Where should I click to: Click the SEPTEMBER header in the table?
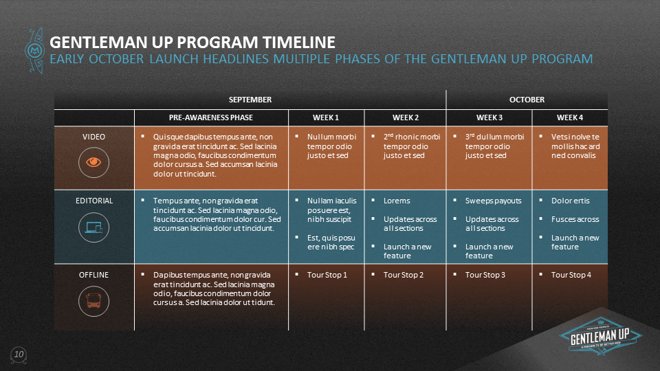(250, 100)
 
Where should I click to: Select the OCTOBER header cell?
(527, 100)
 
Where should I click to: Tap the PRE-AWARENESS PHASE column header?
(211, 117)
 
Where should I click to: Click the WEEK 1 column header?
(326, 117)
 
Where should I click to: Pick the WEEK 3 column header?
(489, 117)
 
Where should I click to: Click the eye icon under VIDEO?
(93, 161)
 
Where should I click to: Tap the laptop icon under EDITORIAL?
(93, 227)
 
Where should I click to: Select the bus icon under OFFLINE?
(93, 300)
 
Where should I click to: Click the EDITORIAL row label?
(93, 201)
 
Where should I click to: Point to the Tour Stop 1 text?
(327, 275)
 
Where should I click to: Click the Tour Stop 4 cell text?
(571, 275)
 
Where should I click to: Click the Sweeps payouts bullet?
(493, 201)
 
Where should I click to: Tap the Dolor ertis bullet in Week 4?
(570, 201)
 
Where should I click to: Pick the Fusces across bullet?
(575, 219)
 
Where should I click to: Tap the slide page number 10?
(19, 354)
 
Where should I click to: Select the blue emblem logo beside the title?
(34, 48)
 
